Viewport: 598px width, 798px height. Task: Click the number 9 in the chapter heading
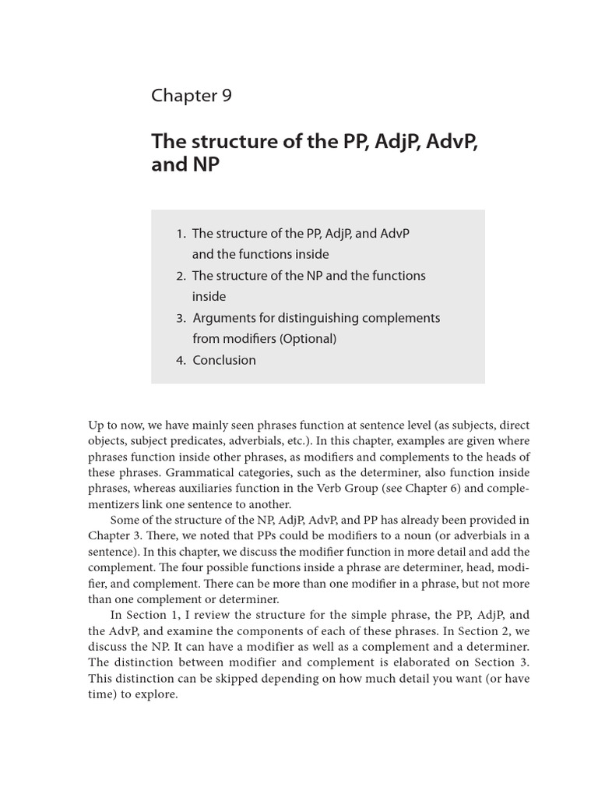(225, 96)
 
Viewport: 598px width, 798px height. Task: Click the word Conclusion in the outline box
(223, 360)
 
